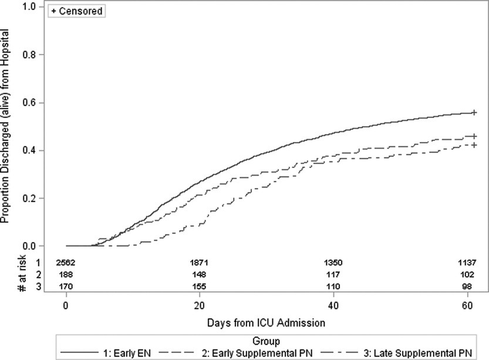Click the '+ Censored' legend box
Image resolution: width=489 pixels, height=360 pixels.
[77, 11]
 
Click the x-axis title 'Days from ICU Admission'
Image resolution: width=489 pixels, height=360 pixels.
[266, 322]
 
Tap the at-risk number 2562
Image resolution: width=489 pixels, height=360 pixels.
[66, 262]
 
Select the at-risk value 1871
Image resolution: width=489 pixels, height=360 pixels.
[200, 262]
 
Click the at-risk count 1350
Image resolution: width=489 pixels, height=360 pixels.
[333, 262]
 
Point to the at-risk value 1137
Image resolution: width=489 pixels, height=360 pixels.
[467, 262]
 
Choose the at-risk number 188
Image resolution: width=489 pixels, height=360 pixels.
[66, 274]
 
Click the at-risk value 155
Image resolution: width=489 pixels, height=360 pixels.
[200, 285]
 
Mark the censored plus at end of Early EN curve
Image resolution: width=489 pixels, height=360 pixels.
[474, 112]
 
